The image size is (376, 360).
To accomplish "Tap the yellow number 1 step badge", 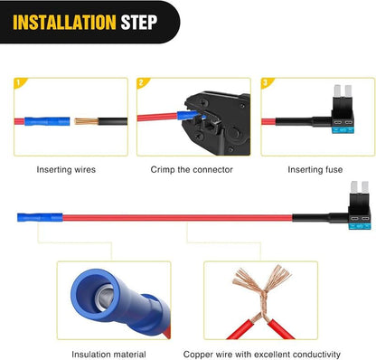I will coord(16,83).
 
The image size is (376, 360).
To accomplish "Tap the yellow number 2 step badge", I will coord(142,83).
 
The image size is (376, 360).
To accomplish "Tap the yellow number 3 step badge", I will coord(265,83).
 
